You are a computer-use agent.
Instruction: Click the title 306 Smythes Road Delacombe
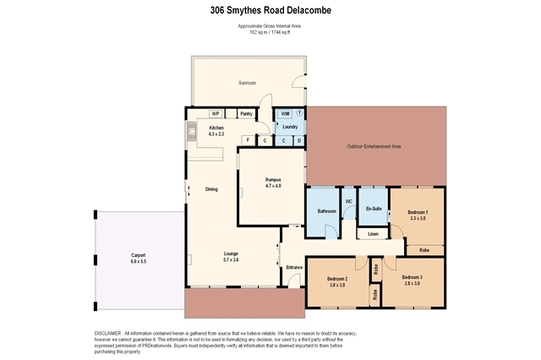coord(270,11)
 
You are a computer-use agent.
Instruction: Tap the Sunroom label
coord(247,83)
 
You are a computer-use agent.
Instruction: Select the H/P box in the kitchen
coord(216,113)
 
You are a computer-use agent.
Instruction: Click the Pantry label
coord(247,113)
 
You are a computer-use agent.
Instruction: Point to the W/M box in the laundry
coord(285,113)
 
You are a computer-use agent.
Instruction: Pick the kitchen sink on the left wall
coord(191,132)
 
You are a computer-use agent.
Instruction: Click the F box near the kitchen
coord(247,139)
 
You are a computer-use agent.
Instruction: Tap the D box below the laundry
coord(298,139)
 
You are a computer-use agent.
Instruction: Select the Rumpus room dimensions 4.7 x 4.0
coord(273,185)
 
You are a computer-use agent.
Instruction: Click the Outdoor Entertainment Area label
coord(374,146)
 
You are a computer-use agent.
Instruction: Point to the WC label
coord(347,201)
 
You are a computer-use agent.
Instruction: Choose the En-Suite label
coord(373,207)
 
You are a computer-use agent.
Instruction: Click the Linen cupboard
coord(372,233)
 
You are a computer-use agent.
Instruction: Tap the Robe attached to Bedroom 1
coord(424,250)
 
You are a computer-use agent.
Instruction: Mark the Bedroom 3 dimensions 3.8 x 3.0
coord(412,284)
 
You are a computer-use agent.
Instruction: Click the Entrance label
coord(294,267)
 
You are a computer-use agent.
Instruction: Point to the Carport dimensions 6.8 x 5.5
coord(139,262)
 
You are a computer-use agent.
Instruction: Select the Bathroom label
coord(326,210)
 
